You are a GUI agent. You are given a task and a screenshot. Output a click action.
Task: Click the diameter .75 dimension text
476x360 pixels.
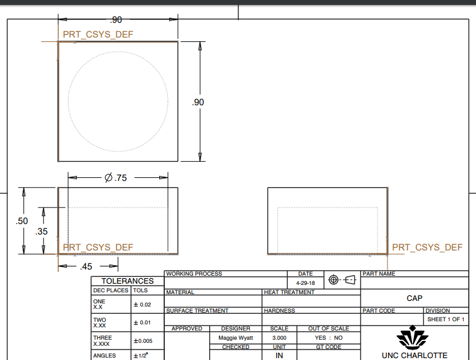pyautogui.click(x=116, y=178)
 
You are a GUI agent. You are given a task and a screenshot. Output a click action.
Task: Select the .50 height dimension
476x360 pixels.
pyautogui.click(x=22, y=220)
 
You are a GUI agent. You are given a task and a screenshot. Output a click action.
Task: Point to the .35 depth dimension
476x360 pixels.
pyautogui.click(x=42, y=231)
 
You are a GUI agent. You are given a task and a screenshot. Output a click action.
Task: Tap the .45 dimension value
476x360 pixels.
pyautogui.click(x=85, y=266)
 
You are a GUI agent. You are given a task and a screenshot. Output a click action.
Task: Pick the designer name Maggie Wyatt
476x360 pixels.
pyautogui.click(x=236, y=338)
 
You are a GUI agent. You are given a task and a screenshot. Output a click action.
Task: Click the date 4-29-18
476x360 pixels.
pyautogui.click(x=306, y=283)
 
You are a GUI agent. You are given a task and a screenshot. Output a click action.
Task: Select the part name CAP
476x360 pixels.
pyautogui.click(x=415, y=298)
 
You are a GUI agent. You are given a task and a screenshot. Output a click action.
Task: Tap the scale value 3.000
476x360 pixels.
pyautogui.click(x=279, y=338)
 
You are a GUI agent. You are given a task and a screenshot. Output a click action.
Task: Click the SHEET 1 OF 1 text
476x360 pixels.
pyautogui.click(x=445, y=319)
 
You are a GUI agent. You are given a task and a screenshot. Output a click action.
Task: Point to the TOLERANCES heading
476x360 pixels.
pyautogui.click(x=127, y=281)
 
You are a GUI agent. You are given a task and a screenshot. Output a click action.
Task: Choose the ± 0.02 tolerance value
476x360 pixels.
pyautogui.click(x=141, y=304)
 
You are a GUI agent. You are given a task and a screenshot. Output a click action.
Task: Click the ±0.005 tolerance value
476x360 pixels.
pyautogui.click(x=143, y=341)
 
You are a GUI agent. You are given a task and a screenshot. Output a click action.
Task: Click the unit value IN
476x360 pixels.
pyautogui.click(x=279, y=355)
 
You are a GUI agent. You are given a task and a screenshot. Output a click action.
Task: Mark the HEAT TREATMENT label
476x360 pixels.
pyautogui.click(x=289, y=292)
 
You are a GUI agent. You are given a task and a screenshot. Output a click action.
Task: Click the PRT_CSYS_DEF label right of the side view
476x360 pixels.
pyautogui.click(x=427, y=247)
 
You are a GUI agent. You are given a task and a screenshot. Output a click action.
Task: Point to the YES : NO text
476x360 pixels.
pyautogui.click(x=328, y=338)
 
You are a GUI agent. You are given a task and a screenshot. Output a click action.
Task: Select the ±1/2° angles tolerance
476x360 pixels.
pyautogui.click(x=141, y=356)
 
